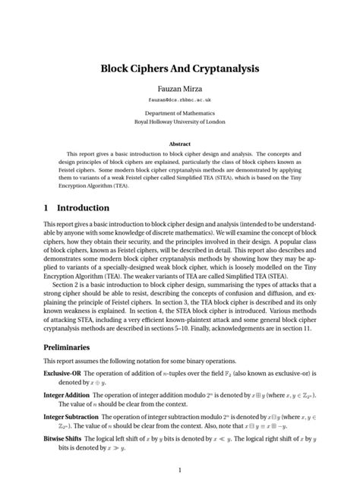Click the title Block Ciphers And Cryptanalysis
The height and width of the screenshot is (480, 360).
pyautogui.click(x=180, y=68)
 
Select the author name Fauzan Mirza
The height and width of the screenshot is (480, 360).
pyautogui.click(x=180, y=90)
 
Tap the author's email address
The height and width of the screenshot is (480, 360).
pyautogui.click(x=180, y=101)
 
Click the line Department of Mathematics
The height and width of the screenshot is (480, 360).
pyautogui.click(x=180, y=113)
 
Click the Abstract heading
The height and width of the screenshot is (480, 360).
pyautogui.click(x=180, y=143)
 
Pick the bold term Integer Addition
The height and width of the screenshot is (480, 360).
pyautogui.click(x=68, y=396)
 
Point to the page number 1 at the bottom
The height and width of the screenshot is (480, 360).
pyautogui.click(x=180, y=471)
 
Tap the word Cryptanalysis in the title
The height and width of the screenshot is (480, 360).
pyautogui.click(x=226, y=68)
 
